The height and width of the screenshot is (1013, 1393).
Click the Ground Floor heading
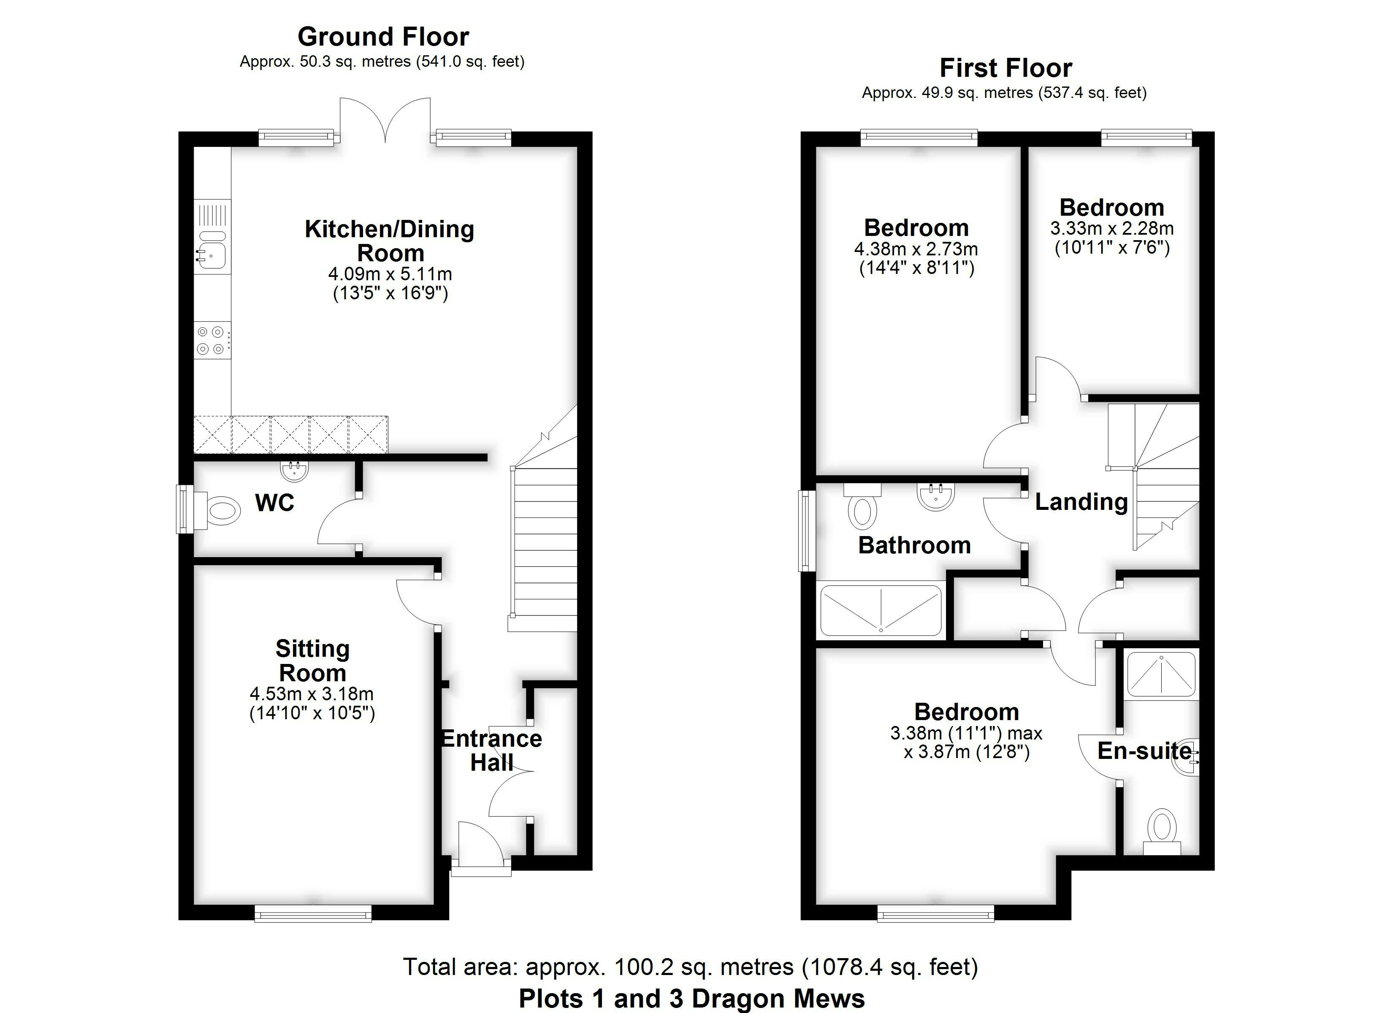(x=383, y=37)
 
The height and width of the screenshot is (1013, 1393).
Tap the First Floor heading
(x=1006, y=68)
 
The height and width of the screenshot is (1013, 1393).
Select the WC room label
(x=274, y=503)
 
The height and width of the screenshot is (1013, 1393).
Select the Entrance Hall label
(x=491, y=750)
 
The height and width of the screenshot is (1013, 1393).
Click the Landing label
(x=1081, y=502)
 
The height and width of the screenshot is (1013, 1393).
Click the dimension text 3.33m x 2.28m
(x=1112, y=228)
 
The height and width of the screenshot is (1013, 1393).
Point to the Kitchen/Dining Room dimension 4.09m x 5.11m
(x=390, y=274)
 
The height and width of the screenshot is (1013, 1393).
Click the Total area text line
(x=690, y=967)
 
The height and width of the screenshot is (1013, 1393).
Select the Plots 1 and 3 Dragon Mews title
(x=691, y=998)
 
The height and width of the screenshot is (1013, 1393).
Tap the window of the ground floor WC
(x=185, y=509)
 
